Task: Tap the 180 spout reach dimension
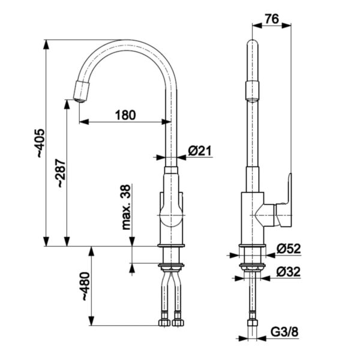coord(125,114)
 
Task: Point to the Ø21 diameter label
coord(200,152)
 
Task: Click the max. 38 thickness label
coord(127,207)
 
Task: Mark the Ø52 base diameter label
coord(288,248)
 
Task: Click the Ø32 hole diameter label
coord(288,271)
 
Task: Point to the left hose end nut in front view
coord(164,323)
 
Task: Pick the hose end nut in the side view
coord(252,323)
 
